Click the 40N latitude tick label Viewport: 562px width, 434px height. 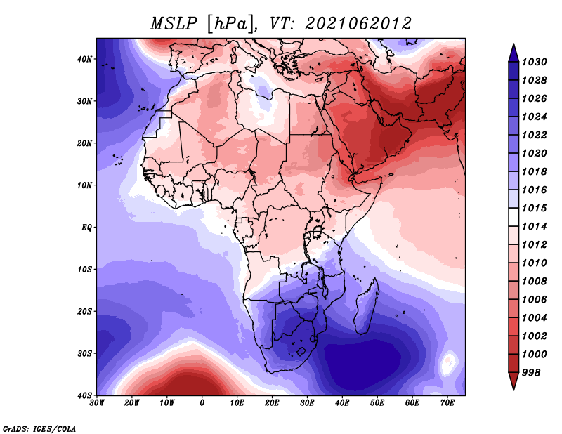(84, 59)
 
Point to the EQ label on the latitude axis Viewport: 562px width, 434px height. (86, 228)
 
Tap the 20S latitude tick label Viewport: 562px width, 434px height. (84, 311)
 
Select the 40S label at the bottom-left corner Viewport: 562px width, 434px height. (84, 395)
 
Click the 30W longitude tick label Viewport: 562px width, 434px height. (97, 403)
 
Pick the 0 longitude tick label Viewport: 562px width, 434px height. (202, 403)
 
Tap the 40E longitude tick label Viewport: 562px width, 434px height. (342, 403)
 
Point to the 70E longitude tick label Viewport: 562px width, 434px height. (447, 403)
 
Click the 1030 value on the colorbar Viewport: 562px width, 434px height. (534, 62)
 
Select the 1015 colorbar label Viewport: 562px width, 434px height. (534, 208)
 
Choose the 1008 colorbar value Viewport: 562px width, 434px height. (534, 282)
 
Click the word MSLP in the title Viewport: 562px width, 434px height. (174, 24)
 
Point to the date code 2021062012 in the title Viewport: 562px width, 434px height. (358, 24)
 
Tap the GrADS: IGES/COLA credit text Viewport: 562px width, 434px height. (39, 428)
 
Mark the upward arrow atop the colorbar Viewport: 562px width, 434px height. (514, 53)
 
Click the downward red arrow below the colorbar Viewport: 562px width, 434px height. (514, 381)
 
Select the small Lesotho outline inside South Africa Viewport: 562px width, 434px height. (301, 351)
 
